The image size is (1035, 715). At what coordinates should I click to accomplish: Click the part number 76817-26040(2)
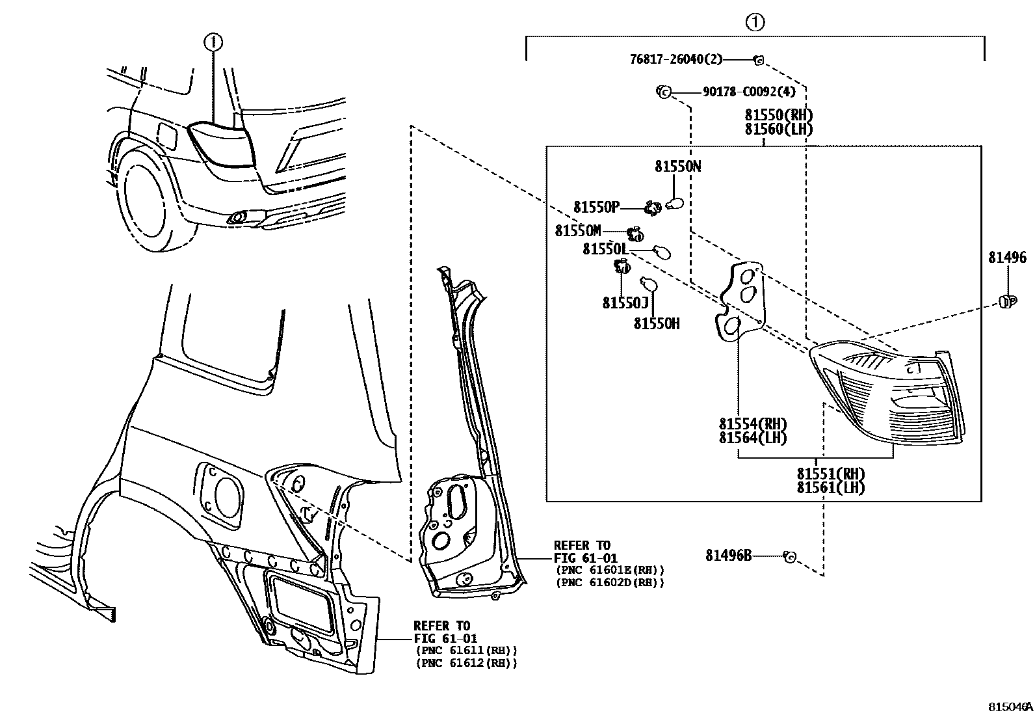coord(675,59)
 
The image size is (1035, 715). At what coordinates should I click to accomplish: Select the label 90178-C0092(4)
coord(749,92)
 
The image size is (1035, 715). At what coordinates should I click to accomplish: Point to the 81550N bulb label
coord(677,167)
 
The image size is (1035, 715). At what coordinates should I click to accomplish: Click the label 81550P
coord(596,208)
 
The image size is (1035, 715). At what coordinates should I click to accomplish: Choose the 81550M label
coord(577,231)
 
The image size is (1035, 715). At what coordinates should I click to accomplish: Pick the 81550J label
coord(625,303)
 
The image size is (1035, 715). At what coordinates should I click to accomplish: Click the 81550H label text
coord(657,323)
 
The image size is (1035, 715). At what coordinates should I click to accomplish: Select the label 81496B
coord(728,556)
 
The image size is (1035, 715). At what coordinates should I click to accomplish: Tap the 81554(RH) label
coord(752,424)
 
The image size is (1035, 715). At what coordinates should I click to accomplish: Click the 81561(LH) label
coord(830,487)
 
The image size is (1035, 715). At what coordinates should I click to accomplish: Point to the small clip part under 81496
coord(1006,301)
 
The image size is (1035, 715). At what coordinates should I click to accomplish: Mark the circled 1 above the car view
coord(213,43)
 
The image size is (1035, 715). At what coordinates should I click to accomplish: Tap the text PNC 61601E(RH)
coord(609,570)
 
